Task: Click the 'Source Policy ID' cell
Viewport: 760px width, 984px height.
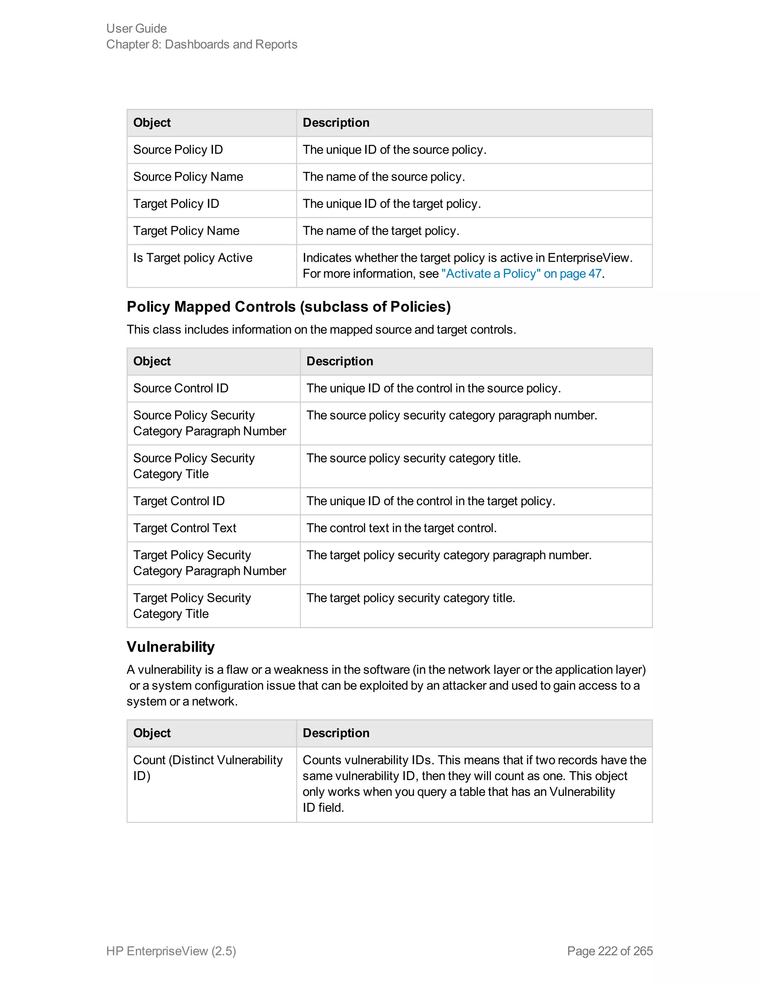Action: pos(178,150)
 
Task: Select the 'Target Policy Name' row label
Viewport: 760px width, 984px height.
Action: pos(186,231)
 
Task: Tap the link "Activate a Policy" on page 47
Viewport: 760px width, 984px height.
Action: pos(521,274)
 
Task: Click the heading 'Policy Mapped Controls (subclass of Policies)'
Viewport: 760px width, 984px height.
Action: pos(289,306)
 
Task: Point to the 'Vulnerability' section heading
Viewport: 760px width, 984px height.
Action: pos(171,646)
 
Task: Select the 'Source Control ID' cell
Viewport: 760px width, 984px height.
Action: pos(181,388)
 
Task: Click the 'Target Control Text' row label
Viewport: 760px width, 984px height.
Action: pos(184,528)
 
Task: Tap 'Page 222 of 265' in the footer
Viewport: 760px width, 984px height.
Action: pos(610,951)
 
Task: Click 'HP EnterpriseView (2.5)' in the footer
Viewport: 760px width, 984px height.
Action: pos(171,951)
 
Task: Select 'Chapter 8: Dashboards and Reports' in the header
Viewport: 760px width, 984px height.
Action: pos(202,44)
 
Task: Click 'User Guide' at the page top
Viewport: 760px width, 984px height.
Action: pos(137,28)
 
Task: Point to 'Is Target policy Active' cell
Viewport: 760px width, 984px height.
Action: pos(193,258)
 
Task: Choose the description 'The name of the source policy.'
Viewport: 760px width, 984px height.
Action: pos(384,177)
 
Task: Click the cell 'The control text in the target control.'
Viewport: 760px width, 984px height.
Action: pos(401,528)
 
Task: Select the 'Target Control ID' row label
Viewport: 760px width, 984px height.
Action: pos(179,501)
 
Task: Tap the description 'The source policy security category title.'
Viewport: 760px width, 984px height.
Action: pos(413,458)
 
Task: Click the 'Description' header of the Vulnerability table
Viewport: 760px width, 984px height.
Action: pos(336,733)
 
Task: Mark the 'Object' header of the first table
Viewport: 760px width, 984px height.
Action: pos(152,123)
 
